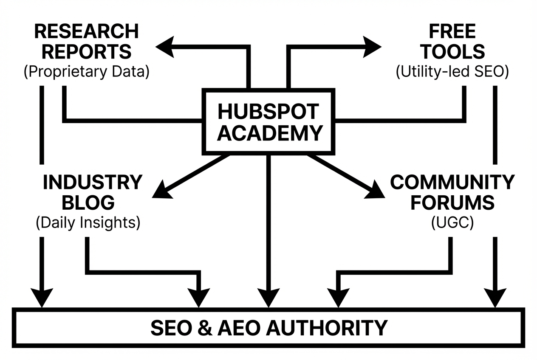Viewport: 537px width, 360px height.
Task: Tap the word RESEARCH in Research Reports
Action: coord(86,31)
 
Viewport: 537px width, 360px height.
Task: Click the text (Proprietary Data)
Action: coord(87,71)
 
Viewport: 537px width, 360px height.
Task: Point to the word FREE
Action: coord(452,31)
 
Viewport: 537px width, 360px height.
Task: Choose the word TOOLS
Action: coord(452,52)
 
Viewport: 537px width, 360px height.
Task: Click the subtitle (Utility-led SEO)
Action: coord(452,71)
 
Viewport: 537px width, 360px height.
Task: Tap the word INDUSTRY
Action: coord(92,183)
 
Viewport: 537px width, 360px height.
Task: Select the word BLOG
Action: coord(88,202)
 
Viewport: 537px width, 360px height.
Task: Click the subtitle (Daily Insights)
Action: coord(88,222)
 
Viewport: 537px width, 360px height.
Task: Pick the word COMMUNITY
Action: coord(452,183)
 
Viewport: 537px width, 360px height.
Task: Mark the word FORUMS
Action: coord(452,202)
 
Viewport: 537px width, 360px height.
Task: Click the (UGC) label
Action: coord(452,222)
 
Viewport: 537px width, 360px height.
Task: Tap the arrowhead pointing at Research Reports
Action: coord(165,47)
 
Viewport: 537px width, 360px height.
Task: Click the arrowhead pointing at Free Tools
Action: coord(372,47)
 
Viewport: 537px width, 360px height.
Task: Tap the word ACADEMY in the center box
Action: coord(272,133)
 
